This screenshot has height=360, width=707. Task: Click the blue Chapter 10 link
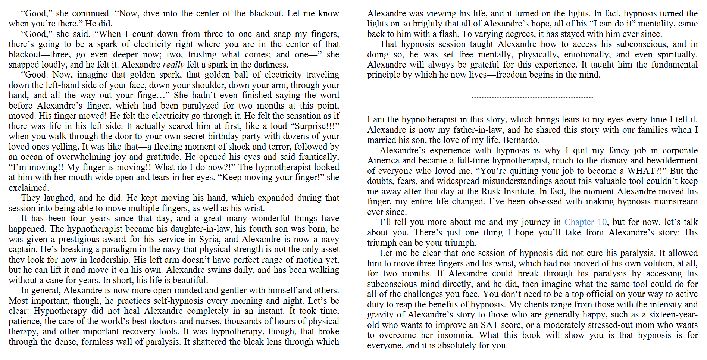tap(585, 222)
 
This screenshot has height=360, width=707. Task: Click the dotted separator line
tap(532, 97)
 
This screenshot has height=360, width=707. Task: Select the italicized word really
tap(173, 65)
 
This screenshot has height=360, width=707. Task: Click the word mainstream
tap(676, 202)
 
